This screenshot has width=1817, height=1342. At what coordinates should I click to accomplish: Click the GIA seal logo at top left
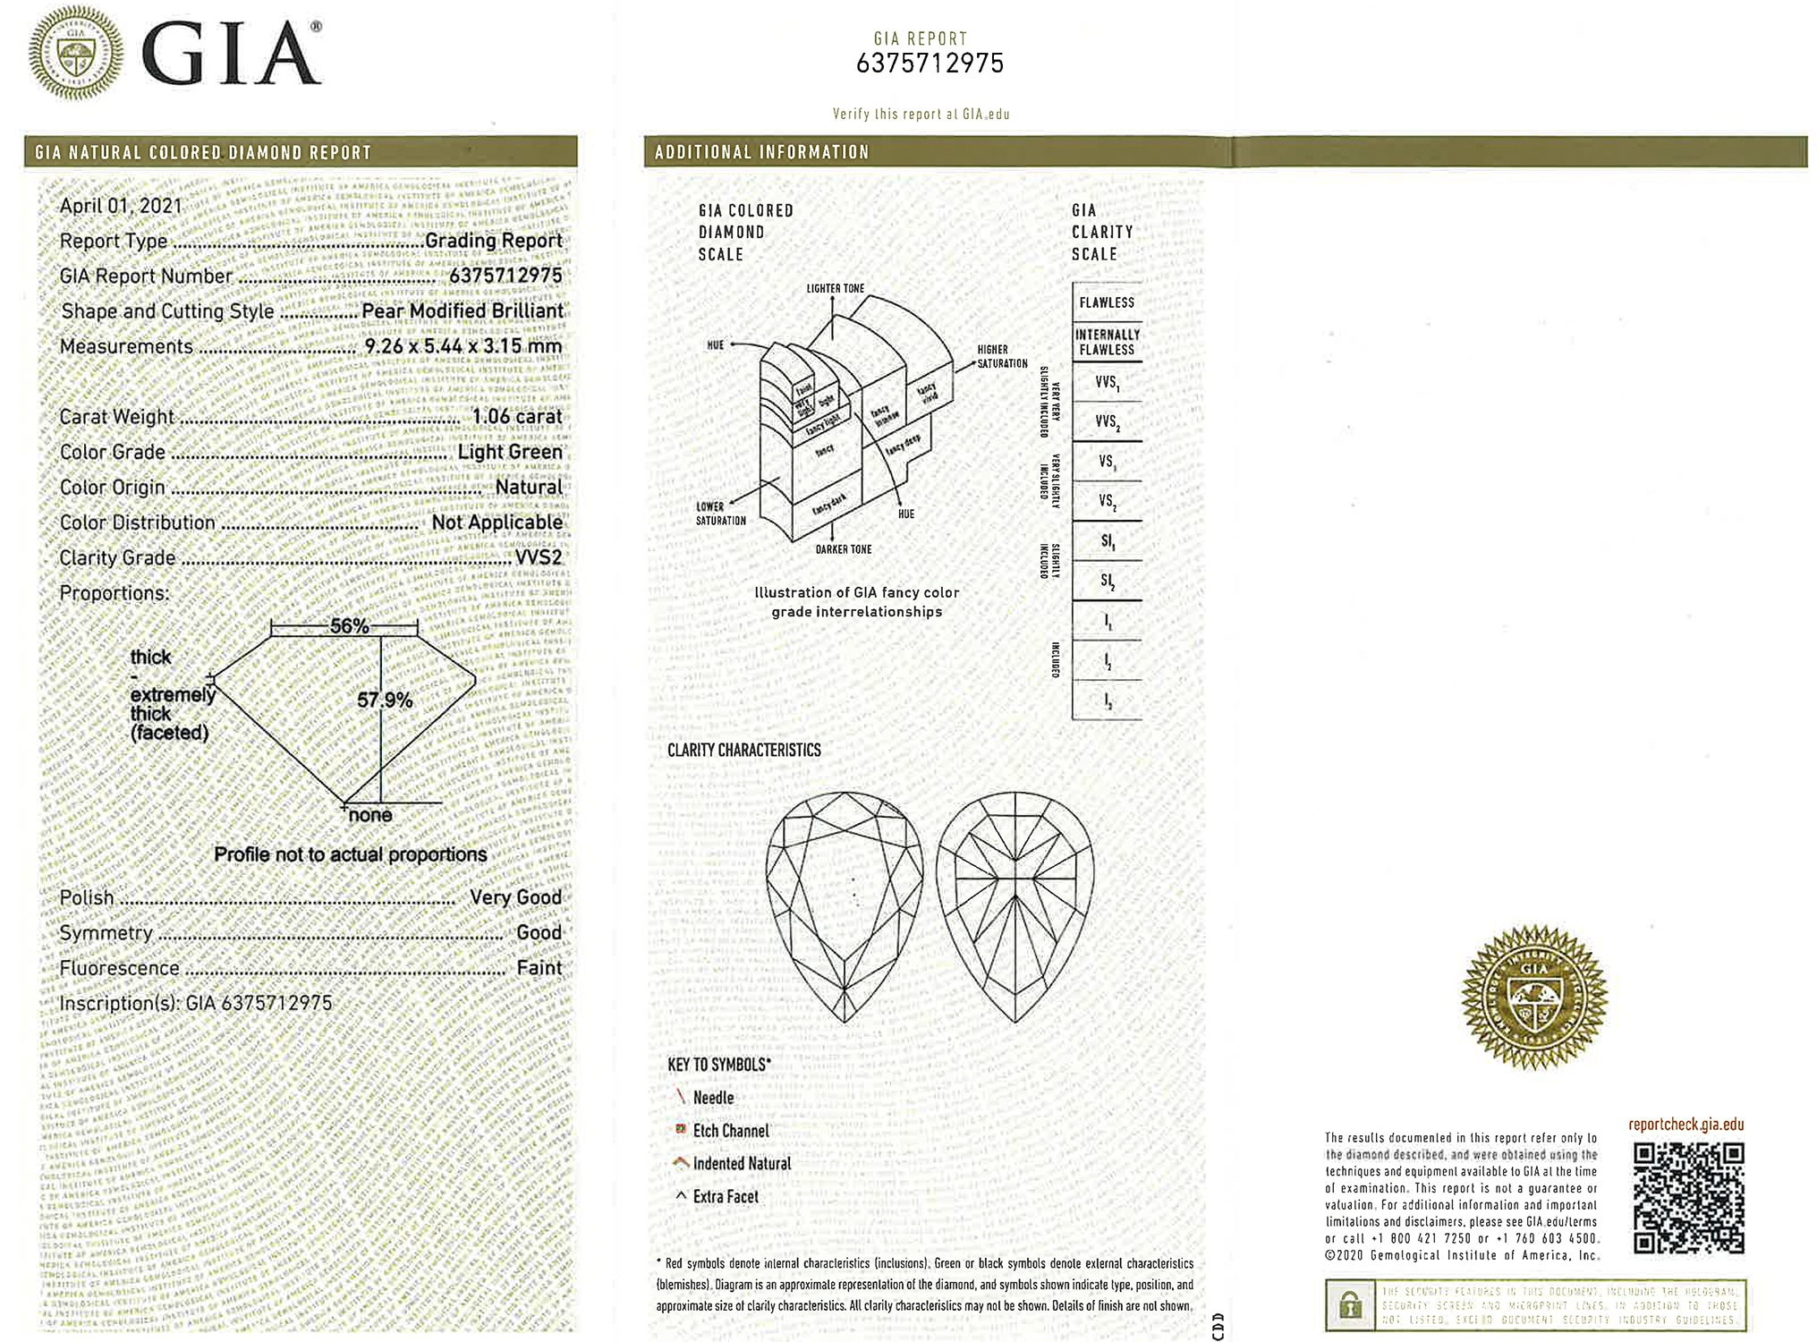(76, 53)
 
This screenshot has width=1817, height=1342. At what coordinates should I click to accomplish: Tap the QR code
(1687, 1198)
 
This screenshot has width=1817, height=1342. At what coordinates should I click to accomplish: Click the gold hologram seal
(1533, 997)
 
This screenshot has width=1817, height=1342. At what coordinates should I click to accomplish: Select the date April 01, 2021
(121, 206)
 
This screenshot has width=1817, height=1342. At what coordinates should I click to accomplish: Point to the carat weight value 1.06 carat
(517, 417)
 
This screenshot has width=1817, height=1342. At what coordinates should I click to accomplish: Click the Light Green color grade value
(510, 452)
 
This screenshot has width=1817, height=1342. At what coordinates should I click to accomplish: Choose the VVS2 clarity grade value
(539, 557)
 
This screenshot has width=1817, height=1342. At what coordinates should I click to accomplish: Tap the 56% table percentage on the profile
(349, 626)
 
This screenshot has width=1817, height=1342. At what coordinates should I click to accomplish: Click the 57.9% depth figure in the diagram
(385, 700)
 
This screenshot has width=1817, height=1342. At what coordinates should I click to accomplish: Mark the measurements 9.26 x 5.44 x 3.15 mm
(463, 346)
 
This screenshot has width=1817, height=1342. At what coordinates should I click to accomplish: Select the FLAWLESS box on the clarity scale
(1107, 302)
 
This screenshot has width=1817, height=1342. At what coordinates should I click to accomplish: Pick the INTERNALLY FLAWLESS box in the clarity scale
(1107, 342)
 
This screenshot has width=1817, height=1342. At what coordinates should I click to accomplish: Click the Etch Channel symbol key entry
(730, 1131)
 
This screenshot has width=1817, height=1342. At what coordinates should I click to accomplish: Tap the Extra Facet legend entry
(725, 1196)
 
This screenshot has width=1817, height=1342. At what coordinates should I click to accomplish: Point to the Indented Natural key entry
(742, 1163)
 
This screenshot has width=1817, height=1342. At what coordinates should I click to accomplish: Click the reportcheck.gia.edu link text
(1685, 1125)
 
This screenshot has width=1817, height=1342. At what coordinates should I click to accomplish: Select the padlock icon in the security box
(1350, 1305)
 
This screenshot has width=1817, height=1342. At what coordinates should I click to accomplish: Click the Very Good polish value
(515, 897)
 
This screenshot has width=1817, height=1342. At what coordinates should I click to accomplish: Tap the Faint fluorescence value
(539, 968)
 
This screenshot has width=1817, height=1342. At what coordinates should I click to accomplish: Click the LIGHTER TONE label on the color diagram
(835, 288)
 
